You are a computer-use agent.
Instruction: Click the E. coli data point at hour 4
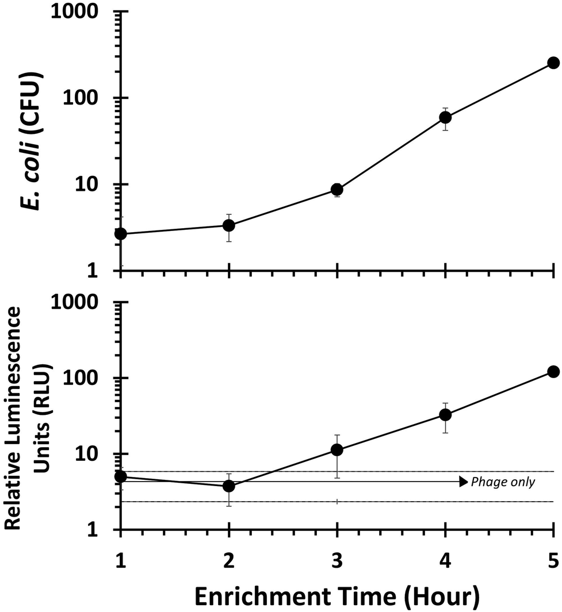point(445,117)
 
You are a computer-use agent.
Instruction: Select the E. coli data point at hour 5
point(553,63)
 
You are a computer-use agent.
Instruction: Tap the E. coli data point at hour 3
point(337,190)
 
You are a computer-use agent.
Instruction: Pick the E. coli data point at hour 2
point(229,225)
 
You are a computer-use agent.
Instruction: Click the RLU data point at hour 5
point(553,372)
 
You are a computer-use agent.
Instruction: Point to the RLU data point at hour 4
point(445,414)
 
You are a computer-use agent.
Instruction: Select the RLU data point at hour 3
point(337,450)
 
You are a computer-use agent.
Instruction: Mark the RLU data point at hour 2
point(229,486)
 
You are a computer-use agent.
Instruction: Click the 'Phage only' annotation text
point(503,482)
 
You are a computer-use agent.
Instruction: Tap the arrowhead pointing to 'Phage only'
point(463,482)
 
